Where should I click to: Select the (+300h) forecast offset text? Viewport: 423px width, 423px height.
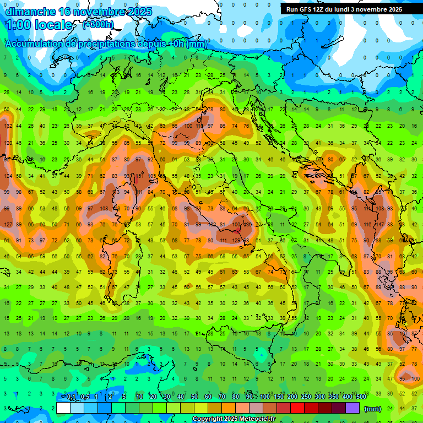point(98,24)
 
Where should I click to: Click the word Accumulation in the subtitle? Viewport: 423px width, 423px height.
point(34,44)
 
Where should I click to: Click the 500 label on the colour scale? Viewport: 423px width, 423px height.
point(361,397)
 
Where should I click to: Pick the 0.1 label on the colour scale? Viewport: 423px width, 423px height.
point(71,397)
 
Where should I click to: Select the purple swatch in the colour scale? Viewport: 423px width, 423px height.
point(352,408)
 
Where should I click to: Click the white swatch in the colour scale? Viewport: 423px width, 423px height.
point(63,408)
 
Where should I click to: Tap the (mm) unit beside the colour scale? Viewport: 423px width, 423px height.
point(373,408)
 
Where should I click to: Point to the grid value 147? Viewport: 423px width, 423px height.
point(379,224)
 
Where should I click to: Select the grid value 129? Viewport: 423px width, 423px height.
point(237,240)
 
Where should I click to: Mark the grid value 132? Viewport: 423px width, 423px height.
point(8,126)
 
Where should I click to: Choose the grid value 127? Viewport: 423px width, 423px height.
point(8,224)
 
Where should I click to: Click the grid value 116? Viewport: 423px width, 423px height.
point(367,224)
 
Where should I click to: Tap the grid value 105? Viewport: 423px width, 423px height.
point(152,176)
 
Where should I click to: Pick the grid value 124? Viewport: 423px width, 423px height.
point(8,176)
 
